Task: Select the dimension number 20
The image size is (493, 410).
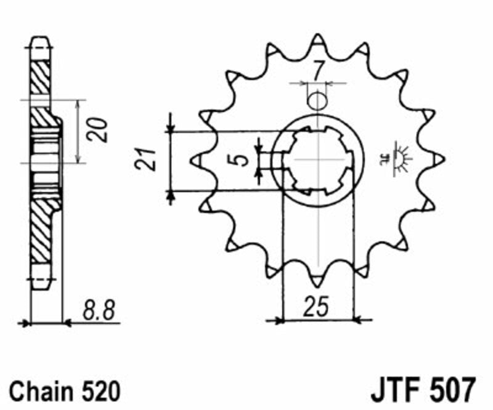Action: tap(97, 130)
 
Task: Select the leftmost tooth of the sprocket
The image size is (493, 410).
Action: tap(197, 159)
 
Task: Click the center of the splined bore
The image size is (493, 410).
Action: tap(317, 159)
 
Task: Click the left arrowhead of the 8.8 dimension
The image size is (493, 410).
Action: tap(25, 321)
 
